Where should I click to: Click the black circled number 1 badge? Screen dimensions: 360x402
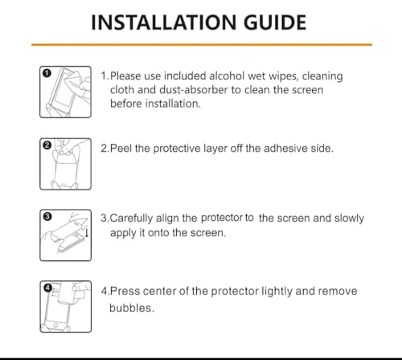click(46, 73)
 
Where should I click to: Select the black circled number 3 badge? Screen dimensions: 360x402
click(46, 217)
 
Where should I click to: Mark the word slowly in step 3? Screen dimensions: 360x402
click(347, 218)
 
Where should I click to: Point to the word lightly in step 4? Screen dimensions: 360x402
click(266, 291)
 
